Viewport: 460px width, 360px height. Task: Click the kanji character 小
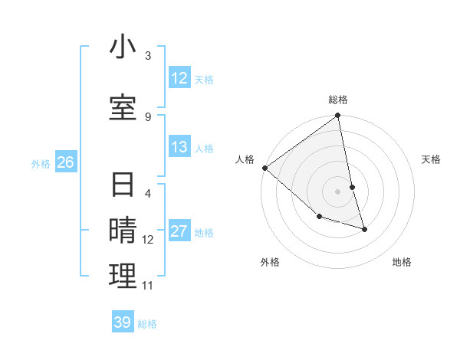[123, 48]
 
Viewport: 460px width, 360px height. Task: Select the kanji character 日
[123, 186]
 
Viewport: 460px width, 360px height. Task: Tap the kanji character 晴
[123, 231]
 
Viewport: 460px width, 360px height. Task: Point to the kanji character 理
[123, 276]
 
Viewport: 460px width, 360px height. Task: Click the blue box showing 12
[179, 78]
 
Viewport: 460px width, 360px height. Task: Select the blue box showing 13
[179, 147]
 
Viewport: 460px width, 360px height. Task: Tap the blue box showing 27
[179, 231]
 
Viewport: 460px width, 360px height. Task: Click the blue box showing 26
[65, 162]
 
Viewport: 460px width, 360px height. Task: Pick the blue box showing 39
[122, 322]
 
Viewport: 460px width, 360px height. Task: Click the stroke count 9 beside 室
[148, 116]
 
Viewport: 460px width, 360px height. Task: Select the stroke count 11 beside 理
[148, 286]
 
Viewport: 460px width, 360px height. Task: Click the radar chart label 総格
[338, 100]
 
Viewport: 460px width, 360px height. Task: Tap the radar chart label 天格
[432, 159]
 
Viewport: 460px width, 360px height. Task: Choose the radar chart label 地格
[402, 262]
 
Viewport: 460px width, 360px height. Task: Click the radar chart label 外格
[270, 262]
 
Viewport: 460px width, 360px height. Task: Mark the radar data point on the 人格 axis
[264, 168]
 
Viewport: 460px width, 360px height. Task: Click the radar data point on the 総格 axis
[338, 116]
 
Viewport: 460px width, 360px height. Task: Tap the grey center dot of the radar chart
[338, 191]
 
